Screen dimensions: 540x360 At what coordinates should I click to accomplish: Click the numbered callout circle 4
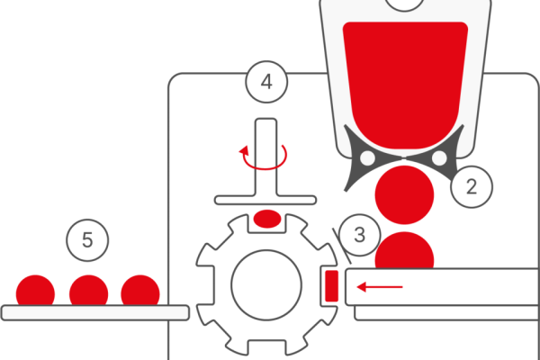click(x=266, y=82)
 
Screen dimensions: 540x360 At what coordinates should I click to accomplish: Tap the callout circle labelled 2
click(x=472, y=186)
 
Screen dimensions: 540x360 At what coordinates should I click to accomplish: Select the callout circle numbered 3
click(x=360, y=235)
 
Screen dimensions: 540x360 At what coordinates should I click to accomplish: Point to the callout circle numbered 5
click(x=87, y=240)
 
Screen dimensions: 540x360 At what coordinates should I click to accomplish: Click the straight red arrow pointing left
click(x=380, y=286)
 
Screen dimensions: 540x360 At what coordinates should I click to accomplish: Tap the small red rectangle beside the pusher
click(x=331, y=286)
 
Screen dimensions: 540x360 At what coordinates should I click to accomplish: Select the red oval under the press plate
click(x=267, y=219)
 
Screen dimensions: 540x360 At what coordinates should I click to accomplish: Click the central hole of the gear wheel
click(x=266, y=285)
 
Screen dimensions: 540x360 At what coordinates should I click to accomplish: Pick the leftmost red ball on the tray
click(x=35, y=290)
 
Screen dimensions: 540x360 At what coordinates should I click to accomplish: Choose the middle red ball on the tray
click(x=88, y=290)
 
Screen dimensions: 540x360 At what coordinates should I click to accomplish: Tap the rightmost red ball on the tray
click(x=140, y=290)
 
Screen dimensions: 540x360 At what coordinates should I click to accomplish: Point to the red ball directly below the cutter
click(x=404, y=195)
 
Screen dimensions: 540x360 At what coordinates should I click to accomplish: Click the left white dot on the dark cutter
click(x=367, y=158)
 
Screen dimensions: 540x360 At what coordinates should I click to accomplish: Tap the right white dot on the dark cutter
click(x=439, y=158)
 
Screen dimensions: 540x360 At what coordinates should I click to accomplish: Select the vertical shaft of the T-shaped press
click(x=266, y=157)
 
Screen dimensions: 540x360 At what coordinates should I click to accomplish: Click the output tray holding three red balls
click(x=95, y=313)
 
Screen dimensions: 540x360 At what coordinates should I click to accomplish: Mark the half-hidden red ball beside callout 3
click(x=404, y=250)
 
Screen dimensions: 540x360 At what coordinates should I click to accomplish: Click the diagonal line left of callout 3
click(x=342, y=246)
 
